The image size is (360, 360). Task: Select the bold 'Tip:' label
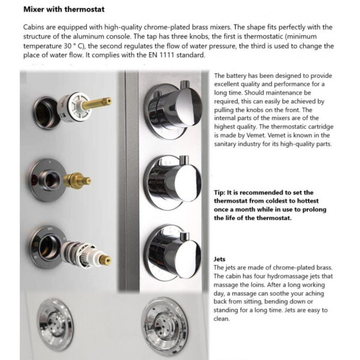click(222, 192)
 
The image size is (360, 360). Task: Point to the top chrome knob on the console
click(174, 110)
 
